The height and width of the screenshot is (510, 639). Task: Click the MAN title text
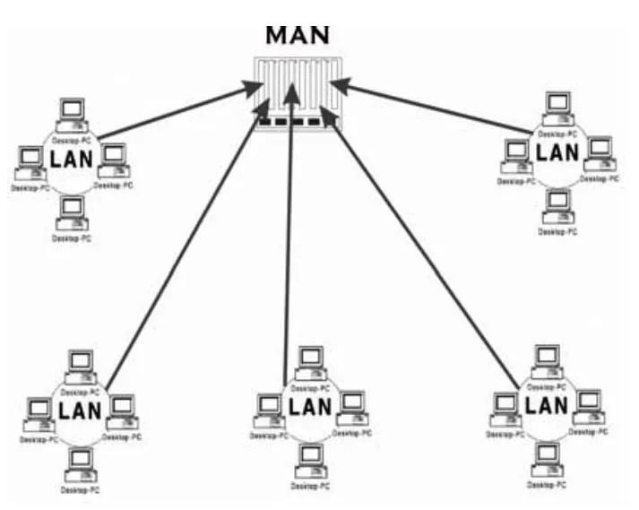point(297,34)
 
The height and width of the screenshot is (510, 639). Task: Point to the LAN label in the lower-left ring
point(79,410)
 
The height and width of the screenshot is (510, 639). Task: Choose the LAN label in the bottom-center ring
point(310,406)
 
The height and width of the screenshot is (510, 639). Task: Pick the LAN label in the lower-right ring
point(545,403)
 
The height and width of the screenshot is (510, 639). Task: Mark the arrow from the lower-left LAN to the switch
point(184,246)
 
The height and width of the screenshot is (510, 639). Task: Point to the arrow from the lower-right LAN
point(421,251)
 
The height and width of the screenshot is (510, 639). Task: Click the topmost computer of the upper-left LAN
point(71,111)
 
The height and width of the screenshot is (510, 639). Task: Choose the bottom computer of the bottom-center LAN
point(311,457)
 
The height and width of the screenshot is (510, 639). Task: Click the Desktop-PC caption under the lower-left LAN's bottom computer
point(81,489)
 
